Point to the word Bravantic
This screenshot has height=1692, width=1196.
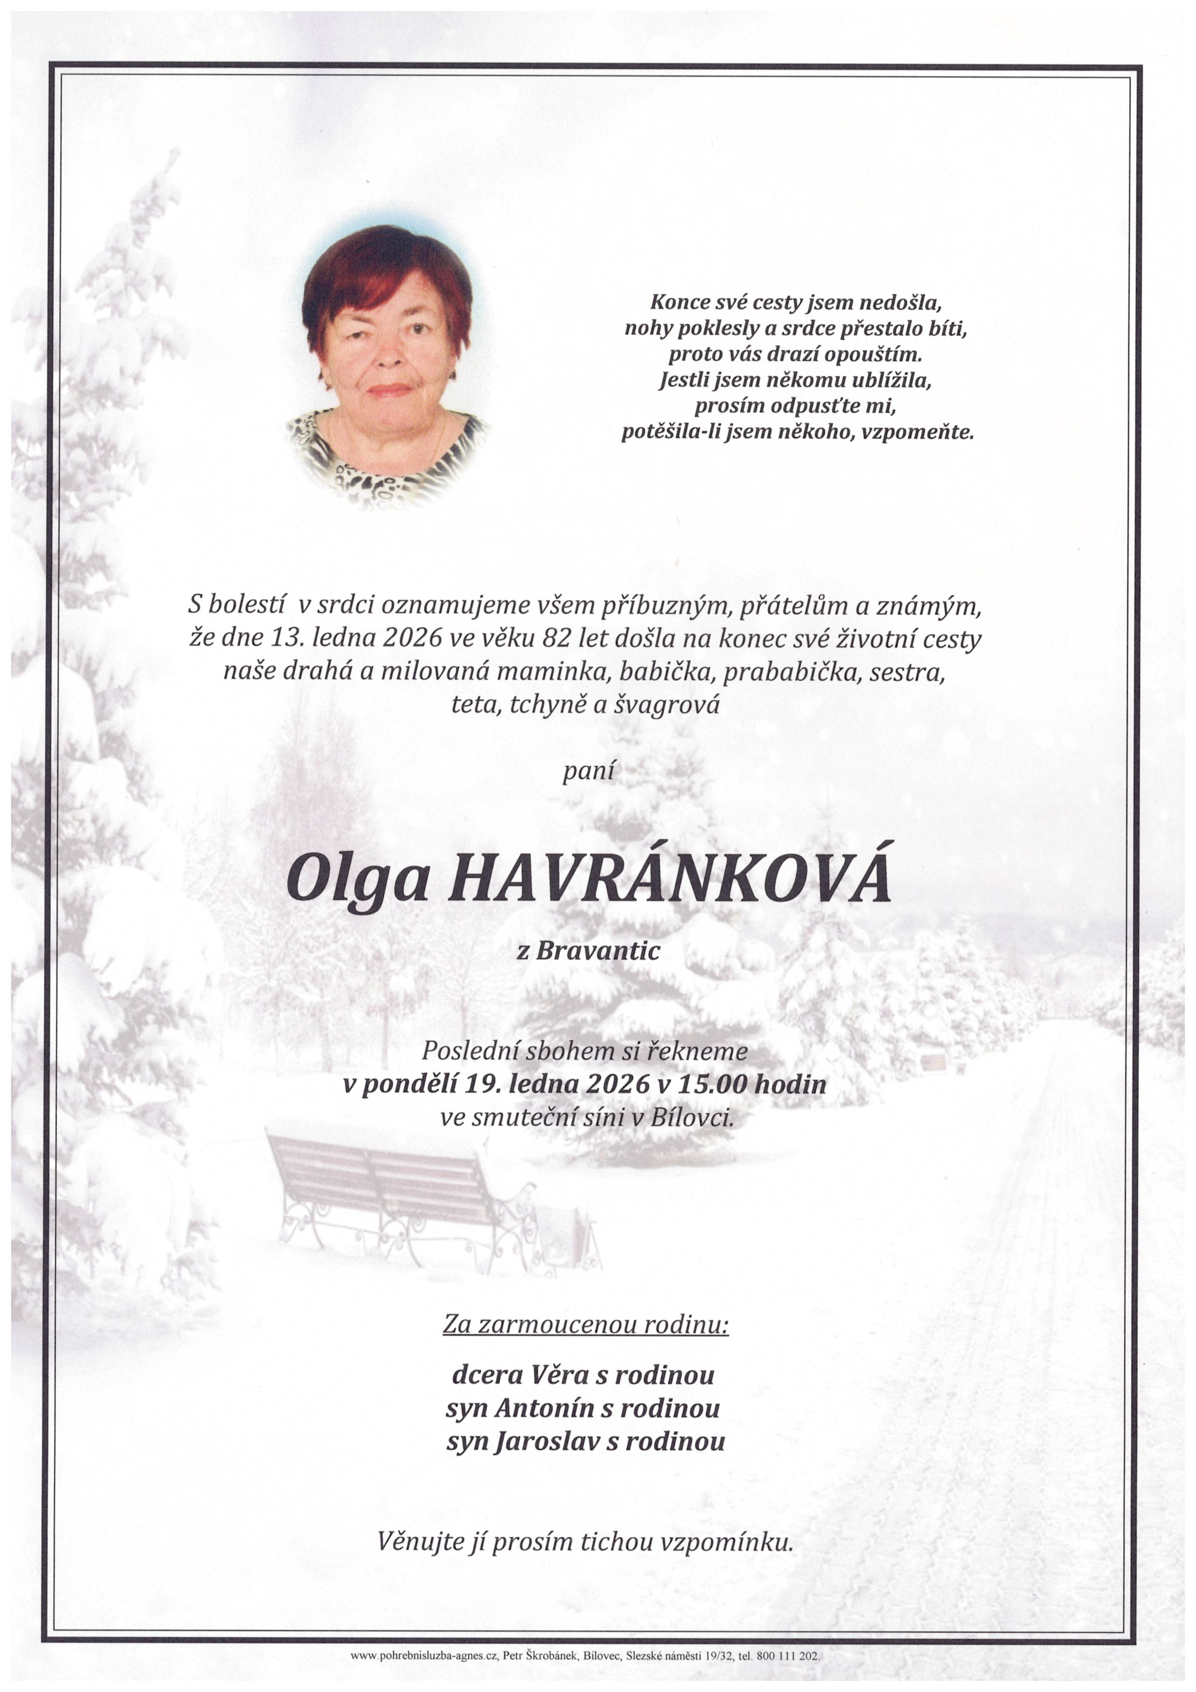[x=597, y=951]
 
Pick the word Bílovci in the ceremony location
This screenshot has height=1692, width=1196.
[x=692, y=1118]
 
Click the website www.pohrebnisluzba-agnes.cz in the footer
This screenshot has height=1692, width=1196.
[x=423, y=1656]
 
